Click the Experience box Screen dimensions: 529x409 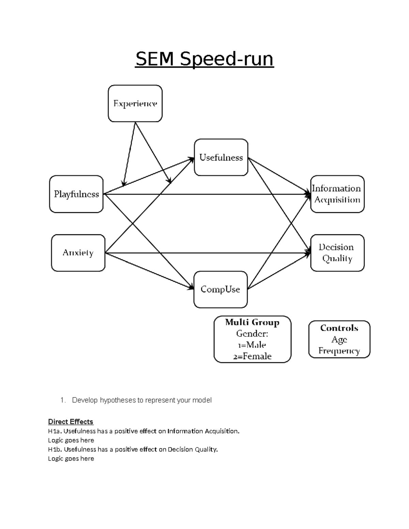[x=135, y=104]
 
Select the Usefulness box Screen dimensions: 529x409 [x=221, y=157]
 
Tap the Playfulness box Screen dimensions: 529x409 [x=76, y=194]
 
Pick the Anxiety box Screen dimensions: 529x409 [x=78, y=253]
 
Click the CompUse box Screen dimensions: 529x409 [x=220, y=290]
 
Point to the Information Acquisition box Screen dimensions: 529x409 [x=337, y=194]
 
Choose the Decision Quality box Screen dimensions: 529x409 [x=337, y=253]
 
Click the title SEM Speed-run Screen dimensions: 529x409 [x=204, y=59]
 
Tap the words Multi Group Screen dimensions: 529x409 [x=252, y=322]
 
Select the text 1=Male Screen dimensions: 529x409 [x=252, y=345]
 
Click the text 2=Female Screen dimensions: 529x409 [x=252, y=356]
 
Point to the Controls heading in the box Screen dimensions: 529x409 [x=339, y=328]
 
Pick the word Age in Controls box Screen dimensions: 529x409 [x=339, y=340]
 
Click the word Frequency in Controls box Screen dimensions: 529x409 [x=339, y=351]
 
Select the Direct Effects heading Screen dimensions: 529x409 [x=71, y=422]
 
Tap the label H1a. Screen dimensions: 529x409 [x=55, y=431]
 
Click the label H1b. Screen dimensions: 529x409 [x=55, y=450]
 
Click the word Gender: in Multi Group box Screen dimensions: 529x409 [x=252, y=333]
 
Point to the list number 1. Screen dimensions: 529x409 [x=62, y=400]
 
